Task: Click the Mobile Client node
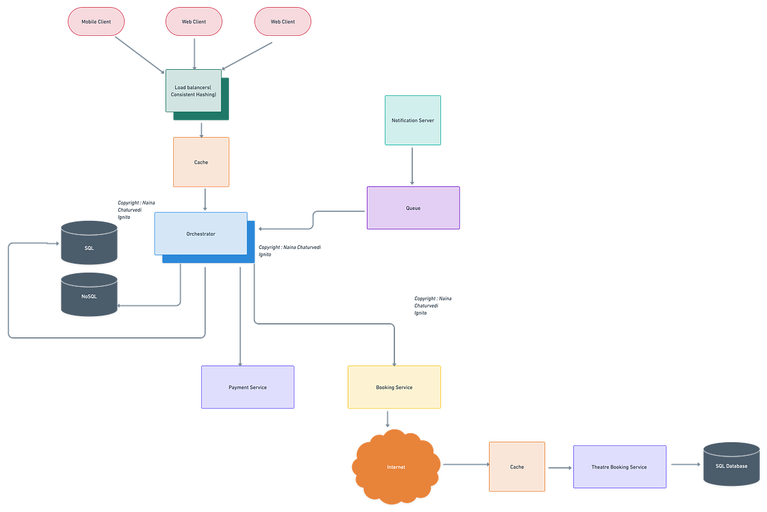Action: click(x=96, y=21)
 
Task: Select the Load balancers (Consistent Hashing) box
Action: click(x=194, y=90)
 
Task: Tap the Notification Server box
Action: click(x=413, y=120)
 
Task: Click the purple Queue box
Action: click(x=413, y=208)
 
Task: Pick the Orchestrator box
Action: click(x=201, y=234)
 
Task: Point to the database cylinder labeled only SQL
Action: click(x=89, y=243)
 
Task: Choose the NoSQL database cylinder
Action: click(x=89, y=294)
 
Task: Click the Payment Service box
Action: click(x=247, y=387)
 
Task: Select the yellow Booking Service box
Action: click(x=394, y=387)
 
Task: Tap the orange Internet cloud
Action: click(x=396, y=467)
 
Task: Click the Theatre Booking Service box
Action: click(x=620, y=467)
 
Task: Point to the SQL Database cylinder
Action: click(x=731, y=464)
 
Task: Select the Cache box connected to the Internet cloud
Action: click(x=516, y=467)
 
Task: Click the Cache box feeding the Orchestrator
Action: click(x=201, y=162)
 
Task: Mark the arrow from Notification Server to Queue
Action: click(x=412, y=166)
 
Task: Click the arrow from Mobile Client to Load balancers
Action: click(x=140, y=55)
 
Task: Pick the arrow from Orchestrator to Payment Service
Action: click(x=240, y=317)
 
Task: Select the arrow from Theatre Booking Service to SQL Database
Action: click(x=686, y=465)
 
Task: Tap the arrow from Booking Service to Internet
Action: click(x=387, y=419)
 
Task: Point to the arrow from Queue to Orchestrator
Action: click(x=313, y=220)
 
